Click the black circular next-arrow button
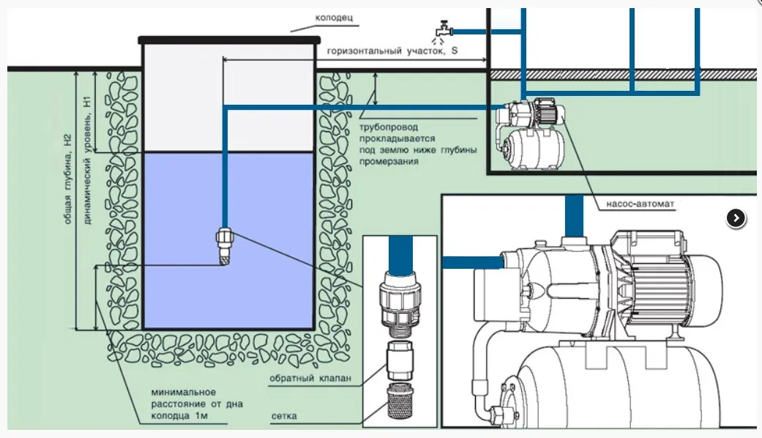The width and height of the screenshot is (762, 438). [736, 218]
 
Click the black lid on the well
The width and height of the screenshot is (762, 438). [230, 40]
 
